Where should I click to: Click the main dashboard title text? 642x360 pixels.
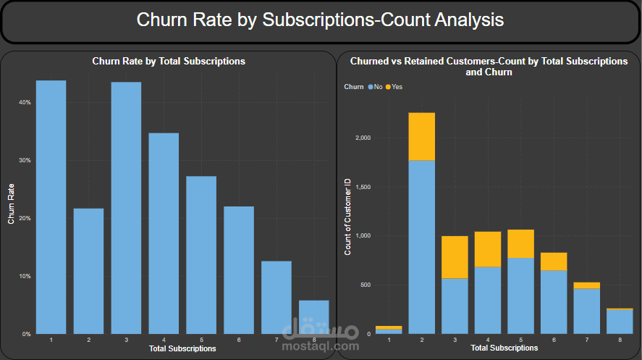pyautogui.click(x=320, y=20)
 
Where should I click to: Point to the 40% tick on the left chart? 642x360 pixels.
pyautogui.click(x=25, y=102)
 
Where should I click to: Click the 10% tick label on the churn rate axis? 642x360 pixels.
pyautogui.click(x=25, y=276)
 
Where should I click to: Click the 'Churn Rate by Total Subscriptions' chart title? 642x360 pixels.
pyautogui.click(x=169, y=62)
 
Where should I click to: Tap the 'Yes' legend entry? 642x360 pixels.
pyautogui.click(x=396, y=87)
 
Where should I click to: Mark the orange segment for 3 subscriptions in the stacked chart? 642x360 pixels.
pyautogui.click(x=454, y=257)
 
